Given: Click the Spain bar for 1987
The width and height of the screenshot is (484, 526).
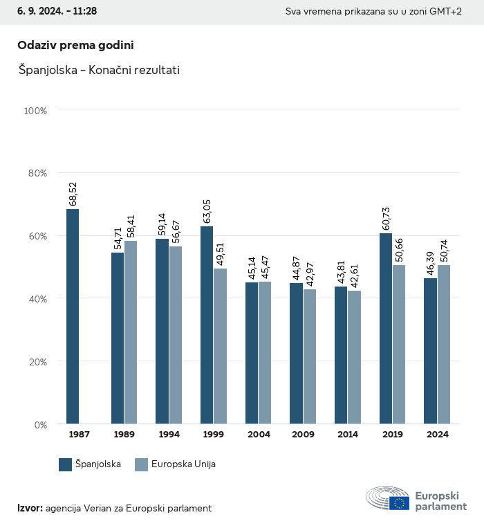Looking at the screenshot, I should (x=73, y=316).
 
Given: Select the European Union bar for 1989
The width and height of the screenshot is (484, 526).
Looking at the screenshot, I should (x=131, y=332).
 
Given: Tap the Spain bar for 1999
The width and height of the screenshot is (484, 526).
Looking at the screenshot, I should (x=207, y=325).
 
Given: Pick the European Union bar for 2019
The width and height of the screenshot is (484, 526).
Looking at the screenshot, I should (x=399, y=344).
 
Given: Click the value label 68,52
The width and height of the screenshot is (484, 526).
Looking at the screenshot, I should (x=73, y=194).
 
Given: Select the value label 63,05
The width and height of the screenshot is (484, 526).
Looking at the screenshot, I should (x=207, y=212).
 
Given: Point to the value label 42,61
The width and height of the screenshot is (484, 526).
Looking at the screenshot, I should (x=355, y=276).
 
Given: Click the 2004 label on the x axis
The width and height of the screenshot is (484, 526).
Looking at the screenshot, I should (x=259, y=435).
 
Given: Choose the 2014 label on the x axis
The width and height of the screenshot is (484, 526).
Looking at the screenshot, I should (x=348, y=435).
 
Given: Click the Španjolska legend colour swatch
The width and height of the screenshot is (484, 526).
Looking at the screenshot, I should (x=66, y=464).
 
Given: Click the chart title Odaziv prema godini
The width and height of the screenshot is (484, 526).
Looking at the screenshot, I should (x=75, y=45).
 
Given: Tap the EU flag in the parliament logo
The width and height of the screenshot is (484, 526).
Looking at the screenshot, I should (x=398, y=503).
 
